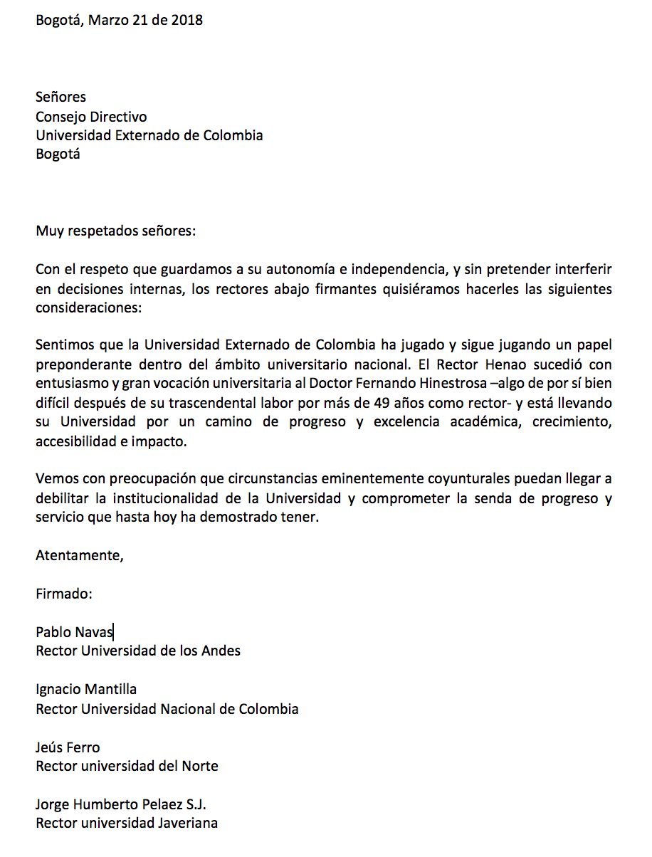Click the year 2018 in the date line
coord(187,20)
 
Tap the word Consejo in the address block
coord(61,117)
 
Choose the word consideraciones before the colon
coord(87,309)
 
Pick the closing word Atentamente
coord(79,556)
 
